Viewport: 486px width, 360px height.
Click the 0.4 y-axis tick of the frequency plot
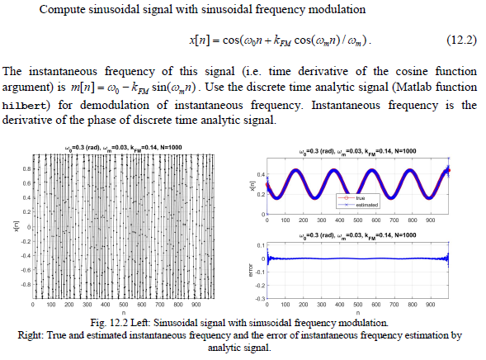tap(258, 175)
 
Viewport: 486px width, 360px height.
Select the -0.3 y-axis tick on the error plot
tap(257, 296)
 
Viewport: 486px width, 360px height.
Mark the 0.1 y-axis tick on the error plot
tap(258, 245)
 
